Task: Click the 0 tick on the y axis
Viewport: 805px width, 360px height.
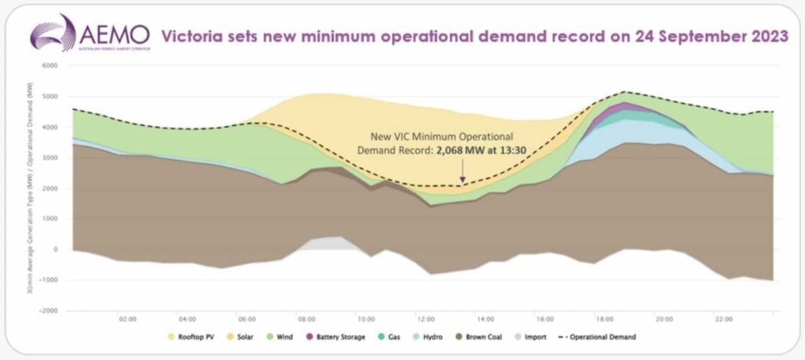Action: click(53, 250)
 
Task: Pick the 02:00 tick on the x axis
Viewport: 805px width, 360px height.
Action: click(127, 318)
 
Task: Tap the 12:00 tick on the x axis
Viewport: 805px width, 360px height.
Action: click(426, 318)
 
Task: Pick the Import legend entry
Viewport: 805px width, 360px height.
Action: click(534, 336)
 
